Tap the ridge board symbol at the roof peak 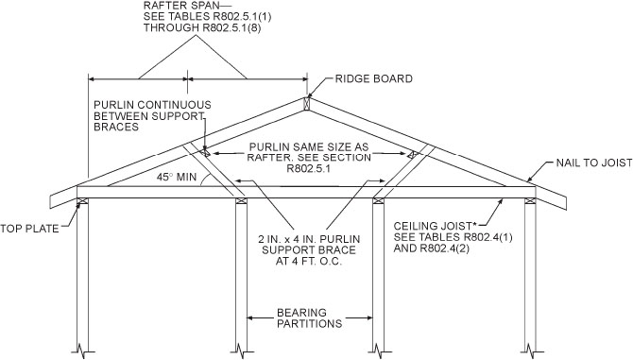click(306, 101)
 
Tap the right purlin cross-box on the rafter click(412, 154)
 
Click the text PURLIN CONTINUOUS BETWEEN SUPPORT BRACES click(152, 115)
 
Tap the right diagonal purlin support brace click(395, 175)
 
